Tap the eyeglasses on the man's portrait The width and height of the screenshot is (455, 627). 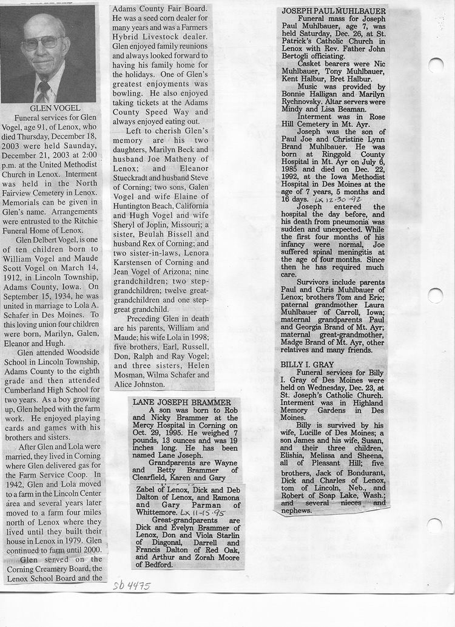pyautogui.click(x=41, y=42)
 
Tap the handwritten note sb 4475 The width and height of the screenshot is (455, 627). pyautogui.click(x=130, y=586)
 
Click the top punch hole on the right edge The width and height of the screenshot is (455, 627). pyautogui.click(x=435, y=65)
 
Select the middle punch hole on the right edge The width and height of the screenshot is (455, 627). pyautogui.click(x=435, y=296)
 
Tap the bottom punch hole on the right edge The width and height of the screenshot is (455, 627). pyautogui.click(x=434, y=525)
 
